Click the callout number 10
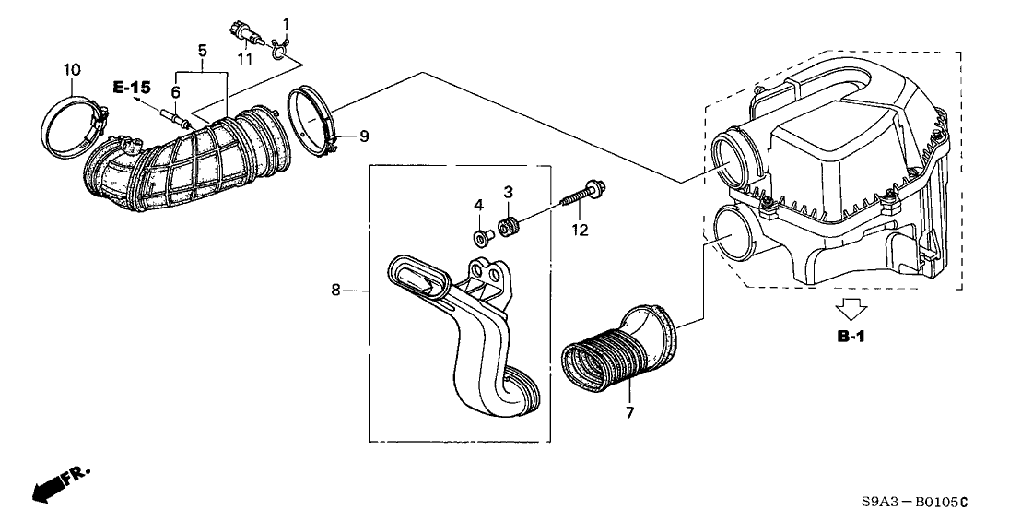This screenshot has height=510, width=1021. click(71, 70)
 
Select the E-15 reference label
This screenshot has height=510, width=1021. click(131, 88)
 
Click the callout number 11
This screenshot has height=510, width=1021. click(243, 59)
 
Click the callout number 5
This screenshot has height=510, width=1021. click(202, 48)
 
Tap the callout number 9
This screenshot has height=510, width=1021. click(364, 136)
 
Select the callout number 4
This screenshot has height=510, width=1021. click(478, 204)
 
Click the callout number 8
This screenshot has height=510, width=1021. click(336, 291)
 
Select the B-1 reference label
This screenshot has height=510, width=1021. click(851, 337)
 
